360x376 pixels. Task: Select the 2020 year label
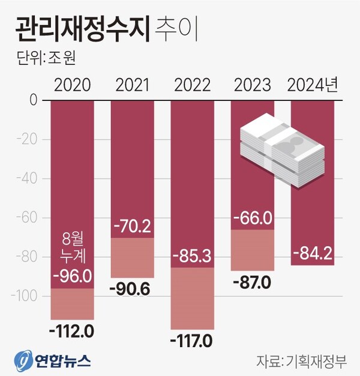point(73,85)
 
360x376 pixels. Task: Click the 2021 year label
point(133,85)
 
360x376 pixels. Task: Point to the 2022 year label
point(192,85)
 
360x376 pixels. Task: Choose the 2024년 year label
point(313,85)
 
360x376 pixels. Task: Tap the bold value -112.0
point(72,330)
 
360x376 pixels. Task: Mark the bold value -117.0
point(191,341)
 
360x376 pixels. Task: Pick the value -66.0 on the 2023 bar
point(252,217)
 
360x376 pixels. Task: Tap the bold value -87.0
point(252,282)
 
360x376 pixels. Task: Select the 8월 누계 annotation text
point(73,247)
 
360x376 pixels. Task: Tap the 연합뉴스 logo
point(53,360)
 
